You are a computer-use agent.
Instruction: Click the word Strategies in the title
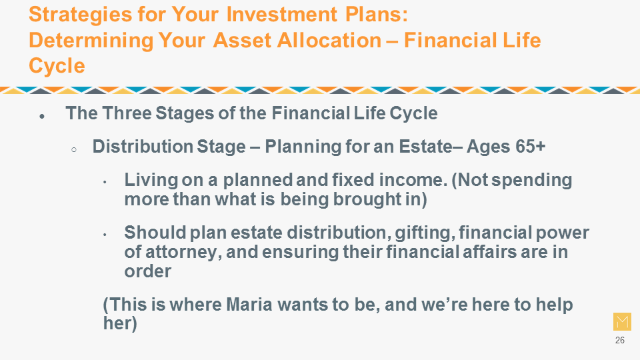pyautogui.click(x=81, y=15)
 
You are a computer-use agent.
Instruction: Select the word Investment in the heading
pyautogui.click(x=281, y=14)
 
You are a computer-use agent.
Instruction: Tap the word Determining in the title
pyautogui.click(x=91, y=41)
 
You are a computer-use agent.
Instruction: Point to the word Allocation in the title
pyautogui.click(x=329, y=40)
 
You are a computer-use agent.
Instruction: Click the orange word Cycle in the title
pyautogui.click(x=57, y=66)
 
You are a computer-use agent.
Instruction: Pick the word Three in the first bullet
pyautogui.click(x=127, y=113)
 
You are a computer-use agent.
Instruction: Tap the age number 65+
pyautogui.click(x=530, y=146)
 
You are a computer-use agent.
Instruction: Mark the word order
pyautogui.click(x=148, y=271)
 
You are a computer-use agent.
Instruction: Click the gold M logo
pyautogui.click(x=622, y=321)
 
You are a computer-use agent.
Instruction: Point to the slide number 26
pyautogui.click(x=619, y=340)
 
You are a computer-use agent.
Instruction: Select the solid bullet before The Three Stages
pyautogui.click(x=42, y=116)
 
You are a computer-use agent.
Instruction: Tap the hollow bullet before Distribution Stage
pyautogui.click(x=74, y=150)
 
